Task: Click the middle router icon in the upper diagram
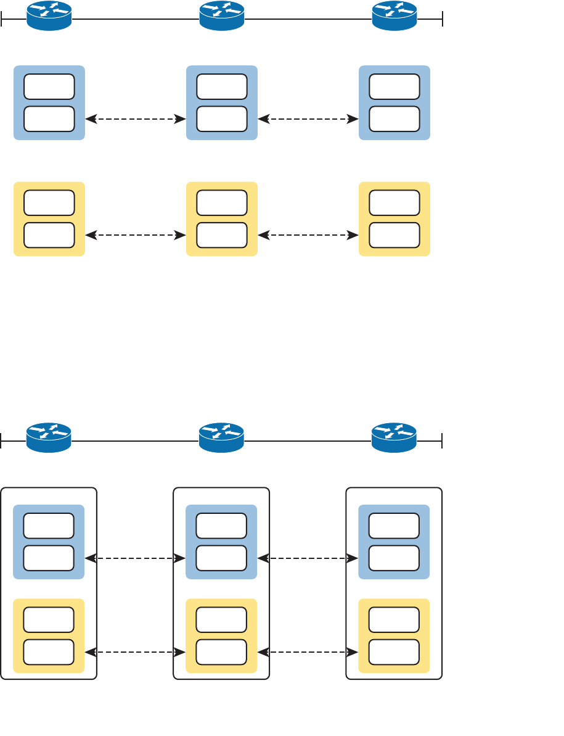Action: click(x=222, y=16)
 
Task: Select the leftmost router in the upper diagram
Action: click(x=49, y=16)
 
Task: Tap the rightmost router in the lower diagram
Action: click(x=394, y=438)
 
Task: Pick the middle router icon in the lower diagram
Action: click(x=222, y=438)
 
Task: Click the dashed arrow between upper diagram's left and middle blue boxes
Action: click(x=136, y=119)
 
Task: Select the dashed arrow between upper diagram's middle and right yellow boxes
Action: click(x=308, y=235)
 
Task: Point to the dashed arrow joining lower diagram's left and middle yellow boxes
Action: click(x=135, y=652)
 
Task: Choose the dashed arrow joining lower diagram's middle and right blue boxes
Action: click(x=308, y=558)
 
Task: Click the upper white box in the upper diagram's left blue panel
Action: click(x=49, y=87)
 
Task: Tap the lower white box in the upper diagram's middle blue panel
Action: click(x=222, y=119)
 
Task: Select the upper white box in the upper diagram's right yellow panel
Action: click(x=394, y=203)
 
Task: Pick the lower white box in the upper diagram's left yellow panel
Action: click(x=49, y=235)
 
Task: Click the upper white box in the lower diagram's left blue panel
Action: click(x=49, y=526)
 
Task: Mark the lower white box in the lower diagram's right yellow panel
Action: click(x=394, y=652)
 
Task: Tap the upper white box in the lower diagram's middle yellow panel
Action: click(x=221, y=620)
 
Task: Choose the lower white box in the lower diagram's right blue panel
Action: click(x=394, y=558)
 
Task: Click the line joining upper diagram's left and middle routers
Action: click(x=136, y=19)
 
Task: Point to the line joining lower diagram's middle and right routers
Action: click(x=308, y=441)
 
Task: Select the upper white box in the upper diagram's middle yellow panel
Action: click(x=222, y=203)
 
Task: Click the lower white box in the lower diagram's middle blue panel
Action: click(x=221, y=558)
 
